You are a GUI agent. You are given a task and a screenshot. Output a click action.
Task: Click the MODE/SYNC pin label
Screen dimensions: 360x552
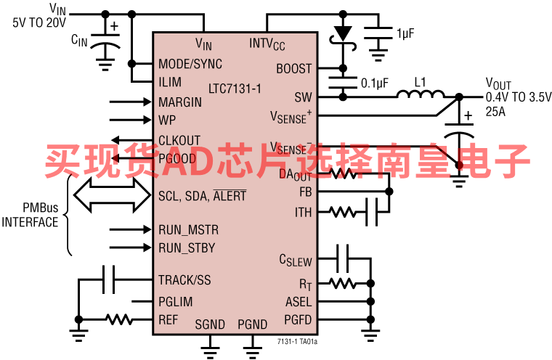point(190,64)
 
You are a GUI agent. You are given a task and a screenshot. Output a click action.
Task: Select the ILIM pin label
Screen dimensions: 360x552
point(170,82)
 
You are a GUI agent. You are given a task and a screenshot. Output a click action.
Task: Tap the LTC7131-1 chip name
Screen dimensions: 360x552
point(234,88)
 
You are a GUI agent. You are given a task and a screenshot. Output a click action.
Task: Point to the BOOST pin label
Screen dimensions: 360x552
point(293,69)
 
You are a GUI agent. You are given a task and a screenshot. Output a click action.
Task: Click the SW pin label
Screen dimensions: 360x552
point(303,97)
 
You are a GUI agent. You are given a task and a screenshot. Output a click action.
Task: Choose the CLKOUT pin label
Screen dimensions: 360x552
point(179,140)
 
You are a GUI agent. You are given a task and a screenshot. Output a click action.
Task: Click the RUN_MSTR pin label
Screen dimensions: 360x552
point(188,230)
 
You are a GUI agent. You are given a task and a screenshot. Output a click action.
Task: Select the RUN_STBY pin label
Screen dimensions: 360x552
point(187,248)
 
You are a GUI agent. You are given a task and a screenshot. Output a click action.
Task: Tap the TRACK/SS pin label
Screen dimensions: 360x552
point(184,279)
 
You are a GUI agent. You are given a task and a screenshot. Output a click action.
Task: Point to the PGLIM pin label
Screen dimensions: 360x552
point(175,302)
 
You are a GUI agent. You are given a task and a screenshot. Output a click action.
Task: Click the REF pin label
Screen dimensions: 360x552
point(168,319)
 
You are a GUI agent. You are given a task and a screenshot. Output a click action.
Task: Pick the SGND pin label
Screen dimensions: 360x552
point(210,324)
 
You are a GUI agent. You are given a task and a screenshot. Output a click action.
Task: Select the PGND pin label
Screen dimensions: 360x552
point(252,324)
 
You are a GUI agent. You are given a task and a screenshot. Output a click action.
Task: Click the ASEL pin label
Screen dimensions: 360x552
point(298,302)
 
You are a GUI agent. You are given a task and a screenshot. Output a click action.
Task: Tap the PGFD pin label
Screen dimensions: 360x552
point(298,319)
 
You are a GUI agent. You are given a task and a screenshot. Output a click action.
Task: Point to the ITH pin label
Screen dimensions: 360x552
point(303,213)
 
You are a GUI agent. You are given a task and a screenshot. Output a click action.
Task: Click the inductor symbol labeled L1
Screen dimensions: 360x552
point(421,95)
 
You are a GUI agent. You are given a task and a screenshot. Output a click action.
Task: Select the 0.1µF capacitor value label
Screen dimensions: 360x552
point(376,83)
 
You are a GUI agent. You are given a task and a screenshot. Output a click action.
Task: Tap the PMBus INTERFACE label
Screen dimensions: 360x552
point(31,216)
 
